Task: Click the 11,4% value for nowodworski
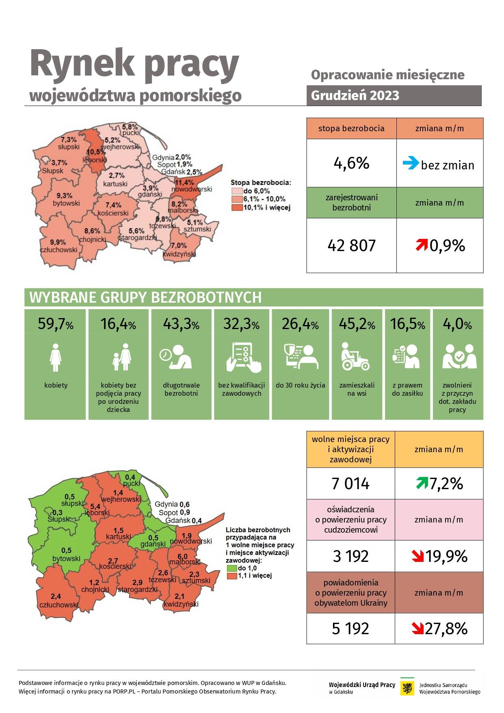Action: point(184,182)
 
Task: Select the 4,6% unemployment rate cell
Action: point(351,163)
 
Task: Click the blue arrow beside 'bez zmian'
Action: point(411,163)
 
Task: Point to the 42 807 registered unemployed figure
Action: point(351,245)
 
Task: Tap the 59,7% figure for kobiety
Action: point(56,324)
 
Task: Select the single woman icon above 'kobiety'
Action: point(55,358)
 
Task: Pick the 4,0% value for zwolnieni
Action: point(457,324)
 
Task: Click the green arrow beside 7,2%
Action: point(422,483)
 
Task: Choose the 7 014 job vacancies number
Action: point(350,483)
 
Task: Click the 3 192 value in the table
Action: point(350,556)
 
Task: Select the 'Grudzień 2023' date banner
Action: point(394,95)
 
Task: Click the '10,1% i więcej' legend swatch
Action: point(237,208)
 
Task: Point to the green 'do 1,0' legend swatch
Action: point(232,568)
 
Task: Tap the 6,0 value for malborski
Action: point(183,556)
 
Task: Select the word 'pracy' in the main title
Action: point(191,64)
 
